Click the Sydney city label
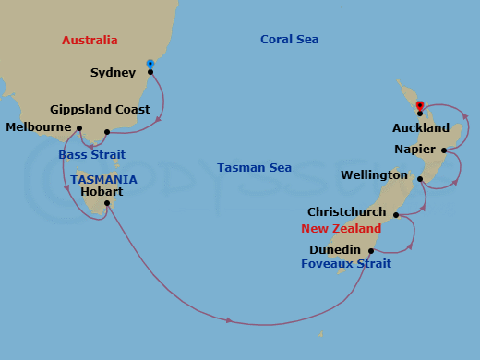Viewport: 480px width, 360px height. click(114, 72)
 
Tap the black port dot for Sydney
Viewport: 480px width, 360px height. click(150, 71)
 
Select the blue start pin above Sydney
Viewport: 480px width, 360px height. click(150, 64)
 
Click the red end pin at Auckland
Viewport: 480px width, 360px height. click(420, 106)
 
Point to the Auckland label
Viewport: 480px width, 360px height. click(421, 128)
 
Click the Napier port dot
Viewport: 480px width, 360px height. click(444, 150)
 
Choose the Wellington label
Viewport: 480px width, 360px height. click(373, 174)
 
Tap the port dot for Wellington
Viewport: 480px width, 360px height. click(420, 179)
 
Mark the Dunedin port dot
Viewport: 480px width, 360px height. click(371, 250)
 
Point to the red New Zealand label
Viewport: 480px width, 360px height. click(341, 228)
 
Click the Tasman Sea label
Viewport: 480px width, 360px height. click(254, 167)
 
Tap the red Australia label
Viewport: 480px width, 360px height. click(90, 40)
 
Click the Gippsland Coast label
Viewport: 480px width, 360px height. click(101, 109)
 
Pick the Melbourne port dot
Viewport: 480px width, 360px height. click(80, 129)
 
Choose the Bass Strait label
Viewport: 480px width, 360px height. click(91, 154)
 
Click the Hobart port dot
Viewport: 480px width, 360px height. click(108, 203)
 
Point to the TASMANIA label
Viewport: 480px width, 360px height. click(103, 179)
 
